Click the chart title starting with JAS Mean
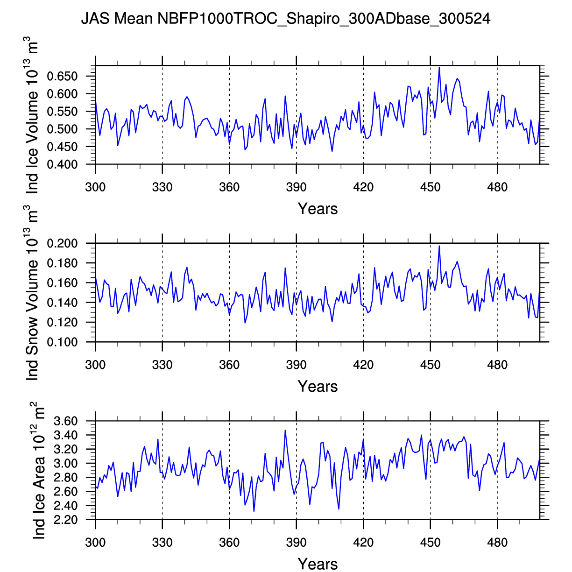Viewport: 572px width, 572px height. [286, 19]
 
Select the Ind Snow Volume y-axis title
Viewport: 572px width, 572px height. [32, 294]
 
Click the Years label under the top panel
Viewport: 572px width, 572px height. [318, 209]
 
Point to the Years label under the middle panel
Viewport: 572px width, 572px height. [318, 387]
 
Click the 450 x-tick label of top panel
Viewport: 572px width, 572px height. [430, 188]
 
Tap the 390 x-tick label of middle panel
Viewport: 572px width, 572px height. [296, 365]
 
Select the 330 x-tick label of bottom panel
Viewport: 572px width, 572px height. [162, 543]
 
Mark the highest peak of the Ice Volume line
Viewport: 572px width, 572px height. [439, 67]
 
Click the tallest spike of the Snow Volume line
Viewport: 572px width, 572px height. [439, 246]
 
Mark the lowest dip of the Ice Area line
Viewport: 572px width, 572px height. [254, 511]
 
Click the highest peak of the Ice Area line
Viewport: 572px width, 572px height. [285, 431]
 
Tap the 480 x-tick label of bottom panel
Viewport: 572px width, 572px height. [497, 543]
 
